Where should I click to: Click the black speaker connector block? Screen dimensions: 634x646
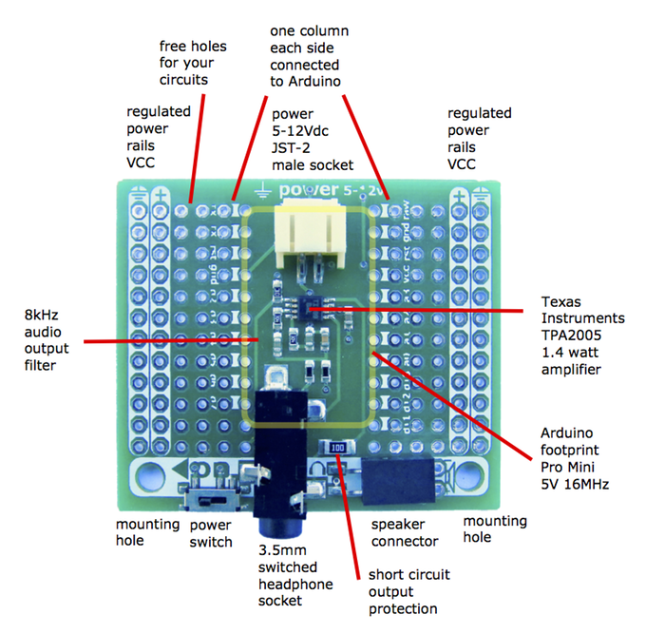398,482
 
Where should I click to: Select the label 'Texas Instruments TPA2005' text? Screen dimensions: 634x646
582,324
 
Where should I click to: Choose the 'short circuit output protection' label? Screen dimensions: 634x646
409,591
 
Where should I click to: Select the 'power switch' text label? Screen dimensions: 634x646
210,532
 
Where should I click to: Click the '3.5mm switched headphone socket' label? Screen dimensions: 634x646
294,575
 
